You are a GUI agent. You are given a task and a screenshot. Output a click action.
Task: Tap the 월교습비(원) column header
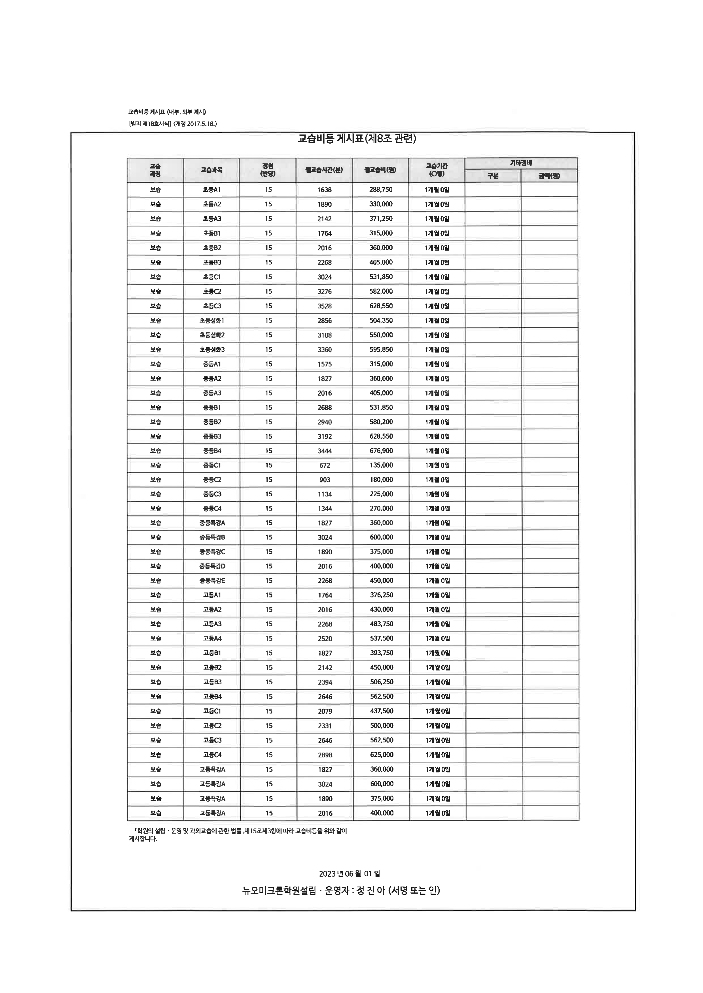(x=380, y=170)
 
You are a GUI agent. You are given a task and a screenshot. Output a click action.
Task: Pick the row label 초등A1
(x=212, y=189)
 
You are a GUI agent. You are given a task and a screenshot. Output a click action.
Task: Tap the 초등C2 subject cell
(x=212, y=291)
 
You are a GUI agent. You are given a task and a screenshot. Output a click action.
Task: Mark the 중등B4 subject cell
(x=212, y=451)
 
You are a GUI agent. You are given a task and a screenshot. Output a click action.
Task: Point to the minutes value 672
(x=325, y=465)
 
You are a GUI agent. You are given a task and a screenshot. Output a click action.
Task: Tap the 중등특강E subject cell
(x=212, y=580)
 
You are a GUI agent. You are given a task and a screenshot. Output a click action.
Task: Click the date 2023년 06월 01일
(x=349, y=874)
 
